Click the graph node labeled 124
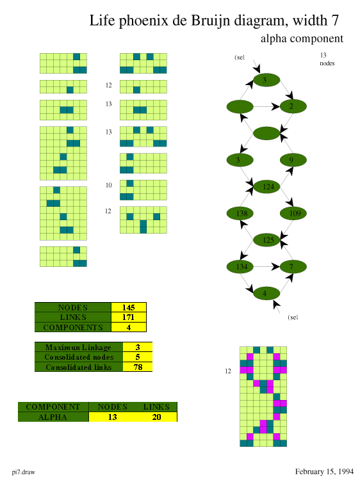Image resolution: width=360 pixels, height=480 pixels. click(x=266, y=187)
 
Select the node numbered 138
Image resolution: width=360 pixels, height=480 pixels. click(x=240, y=213)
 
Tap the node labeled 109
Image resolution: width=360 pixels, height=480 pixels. click(x=293, y=213)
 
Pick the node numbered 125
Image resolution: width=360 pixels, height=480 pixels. click(x=266, y=240)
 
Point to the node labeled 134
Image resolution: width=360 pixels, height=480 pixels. click(x=240, y=267)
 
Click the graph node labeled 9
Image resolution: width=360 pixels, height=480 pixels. click(x=293, y=160)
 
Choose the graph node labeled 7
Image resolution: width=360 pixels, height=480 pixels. click(x=293, y=267)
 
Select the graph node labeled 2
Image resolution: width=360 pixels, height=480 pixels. click(x=293, y=106)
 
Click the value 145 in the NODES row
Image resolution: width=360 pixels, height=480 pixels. click(x=129, y=307)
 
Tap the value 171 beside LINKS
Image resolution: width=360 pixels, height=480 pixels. click(x=129, y=317)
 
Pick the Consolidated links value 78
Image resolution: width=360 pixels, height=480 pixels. click(x=138, y=367)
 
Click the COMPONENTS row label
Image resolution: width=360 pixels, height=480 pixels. click(x=73, y=327)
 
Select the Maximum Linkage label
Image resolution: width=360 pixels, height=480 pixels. click(x=78, y=347)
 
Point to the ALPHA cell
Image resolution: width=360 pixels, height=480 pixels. click(x=53, y=417)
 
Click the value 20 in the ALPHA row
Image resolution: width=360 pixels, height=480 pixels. click(x=156, y=417)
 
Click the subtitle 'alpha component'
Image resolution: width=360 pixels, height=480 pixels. click(x=302, y=39)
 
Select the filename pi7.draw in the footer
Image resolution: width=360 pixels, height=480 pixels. click(x=23, y=472)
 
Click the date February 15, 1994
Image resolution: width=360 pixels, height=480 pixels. click(x=324, y=472)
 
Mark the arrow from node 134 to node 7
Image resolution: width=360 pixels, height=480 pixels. click(x=266, y=267)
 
